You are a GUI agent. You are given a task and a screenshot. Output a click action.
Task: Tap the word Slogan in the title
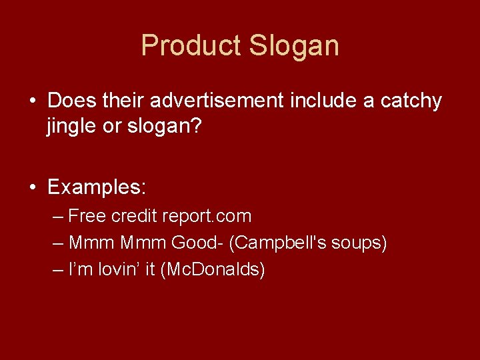[x=294, y=46]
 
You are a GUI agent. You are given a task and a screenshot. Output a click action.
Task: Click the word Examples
[x=96, y=187]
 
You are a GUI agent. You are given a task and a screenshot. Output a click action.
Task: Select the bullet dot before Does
[x=32, y=101]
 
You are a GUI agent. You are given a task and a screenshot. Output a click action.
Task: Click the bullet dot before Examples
[x=32, y=187]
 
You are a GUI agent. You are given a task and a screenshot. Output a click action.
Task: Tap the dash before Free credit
[x=58, y=217]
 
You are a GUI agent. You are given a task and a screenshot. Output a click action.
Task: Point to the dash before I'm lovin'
[x=58, y=270]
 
